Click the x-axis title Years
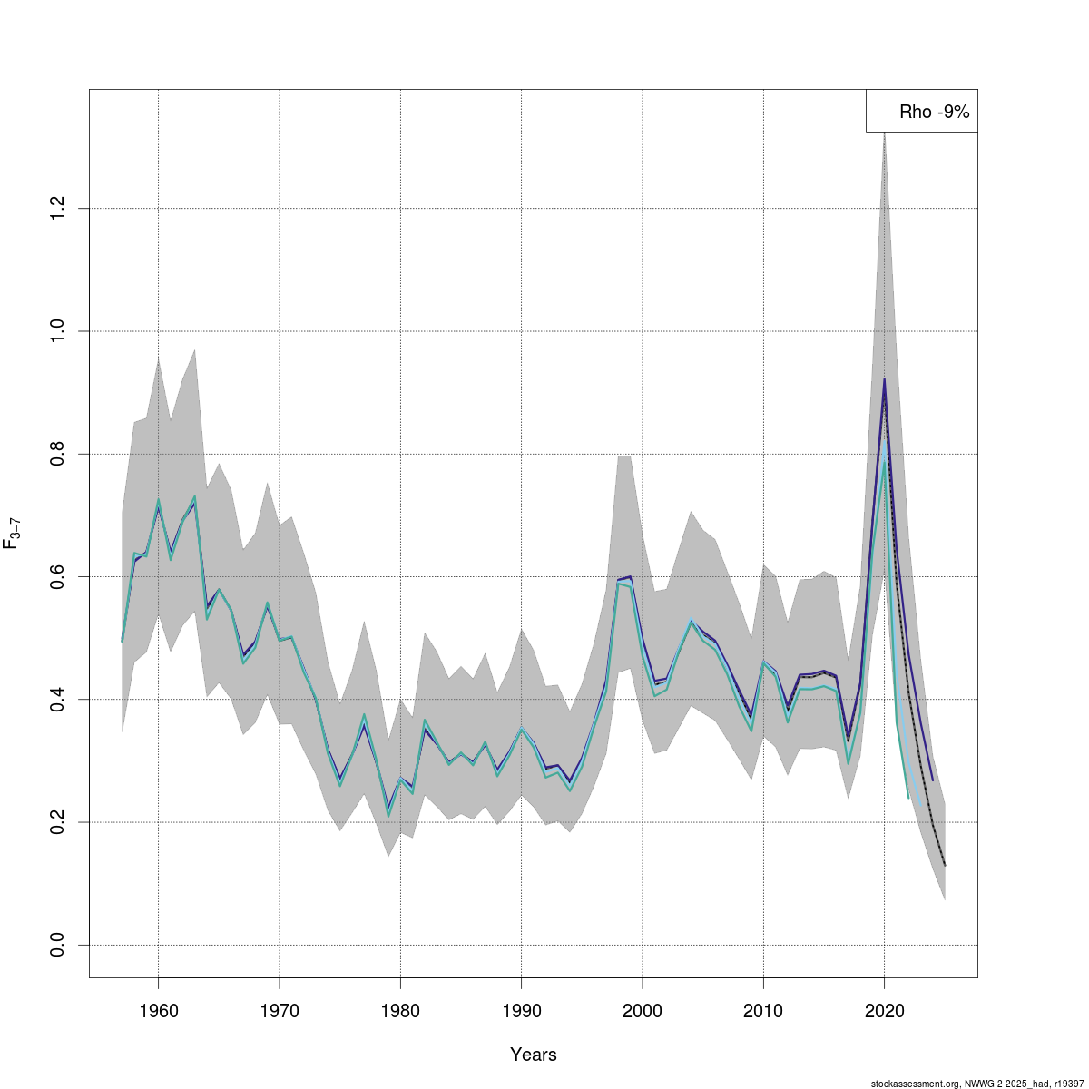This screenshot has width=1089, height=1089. (534, 1055)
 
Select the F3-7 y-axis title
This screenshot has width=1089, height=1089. (13, 534)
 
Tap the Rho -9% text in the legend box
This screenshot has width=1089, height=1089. (935, 113)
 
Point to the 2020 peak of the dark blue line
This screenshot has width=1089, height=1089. (884, 378)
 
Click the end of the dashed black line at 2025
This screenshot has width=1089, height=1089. (945, 865)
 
